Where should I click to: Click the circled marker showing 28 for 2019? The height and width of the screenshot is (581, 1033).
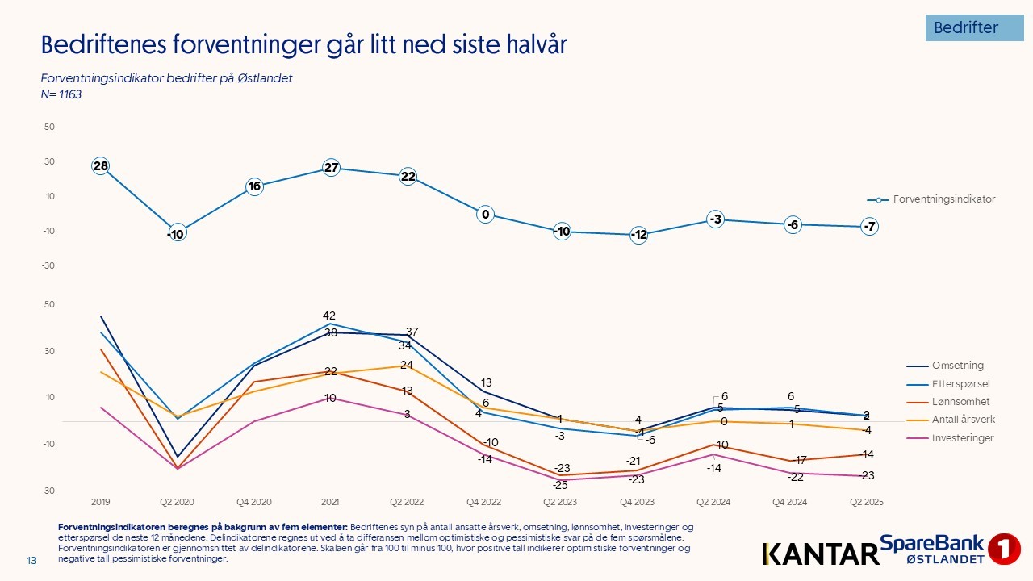(100, 166)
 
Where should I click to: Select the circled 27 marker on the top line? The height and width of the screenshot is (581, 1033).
(331, 168)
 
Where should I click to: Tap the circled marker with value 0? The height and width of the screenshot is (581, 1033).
(485, 215)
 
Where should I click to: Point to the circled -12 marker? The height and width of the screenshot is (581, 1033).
(638, 235)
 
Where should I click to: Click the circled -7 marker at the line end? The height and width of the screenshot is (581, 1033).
(869, 227)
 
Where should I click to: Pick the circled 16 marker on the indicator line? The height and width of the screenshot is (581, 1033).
(254, 186)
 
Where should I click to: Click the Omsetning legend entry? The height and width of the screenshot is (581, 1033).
(958, 366)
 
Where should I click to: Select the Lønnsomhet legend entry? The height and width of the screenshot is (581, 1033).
(960, 402)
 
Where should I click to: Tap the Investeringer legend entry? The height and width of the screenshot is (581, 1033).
(962, 438)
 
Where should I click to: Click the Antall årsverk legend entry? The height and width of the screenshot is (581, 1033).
(964, 420)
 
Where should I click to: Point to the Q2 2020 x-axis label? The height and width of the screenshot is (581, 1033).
(177, 502)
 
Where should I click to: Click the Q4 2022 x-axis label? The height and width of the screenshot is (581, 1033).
(483, 502)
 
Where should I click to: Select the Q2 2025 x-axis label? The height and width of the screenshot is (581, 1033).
(867, 502)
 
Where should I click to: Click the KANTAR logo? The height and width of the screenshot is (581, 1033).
(820, 554)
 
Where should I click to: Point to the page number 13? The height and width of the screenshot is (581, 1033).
(32, 561)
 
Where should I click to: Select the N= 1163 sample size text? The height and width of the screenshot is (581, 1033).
(61, 94)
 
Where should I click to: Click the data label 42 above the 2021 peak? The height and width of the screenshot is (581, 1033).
(329, 316)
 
